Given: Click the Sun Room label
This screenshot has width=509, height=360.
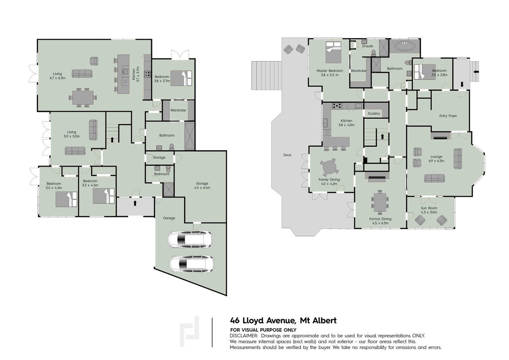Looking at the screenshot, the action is coord(429,210).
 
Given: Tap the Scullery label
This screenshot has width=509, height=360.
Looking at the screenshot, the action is coord(374,113).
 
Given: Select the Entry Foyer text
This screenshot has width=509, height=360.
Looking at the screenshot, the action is coord(448,116).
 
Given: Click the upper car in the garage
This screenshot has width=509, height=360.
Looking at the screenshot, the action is coord(190,239).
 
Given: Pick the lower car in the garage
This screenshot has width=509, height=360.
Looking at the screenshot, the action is coord(192,263).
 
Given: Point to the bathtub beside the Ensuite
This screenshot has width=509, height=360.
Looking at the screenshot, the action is coord(405,46).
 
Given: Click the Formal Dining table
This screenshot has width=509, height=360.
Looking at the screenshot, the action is coord(380,202).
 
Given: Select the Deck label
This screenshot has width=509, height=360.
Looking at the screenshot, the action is coord(287,155).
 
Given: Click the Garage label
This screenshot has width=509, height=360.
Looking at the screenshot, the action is coord(169,218).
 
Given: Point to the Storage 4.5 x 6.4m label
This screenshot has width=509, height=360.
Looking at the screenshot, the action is coord(202,185).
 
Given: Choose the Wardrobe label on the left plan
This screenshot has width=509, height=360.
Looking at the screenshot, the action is coord(178,110).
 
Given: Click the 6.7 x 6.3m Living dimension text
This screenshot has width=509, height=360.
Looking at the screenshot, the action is coord(58,78).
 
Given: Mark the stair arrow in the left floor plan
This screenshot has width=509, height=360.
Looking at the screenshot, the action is coord(112,139).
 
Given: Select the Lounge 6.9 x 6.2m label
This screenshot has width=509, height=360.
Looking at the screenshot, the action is coord(436,158).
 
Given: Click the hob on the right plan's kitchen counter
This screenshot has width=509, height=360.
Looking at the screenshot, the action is coord(337,105).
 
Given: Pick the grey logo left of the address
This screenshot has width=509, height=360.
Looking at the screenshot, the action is coord(189,331).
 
